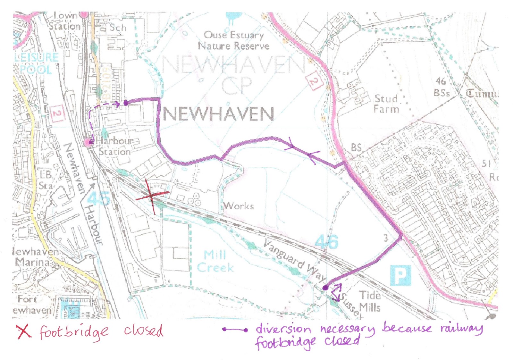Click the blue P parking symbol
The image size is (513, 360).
click(400, 275)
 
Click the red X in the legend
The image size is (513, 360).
click(24, 331)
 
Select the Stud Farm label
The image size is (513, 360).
click(387, 104)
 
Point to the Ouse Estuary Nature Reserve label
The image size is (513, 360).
click(234, 40)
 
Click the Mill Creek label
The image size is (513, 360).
click(215, 261)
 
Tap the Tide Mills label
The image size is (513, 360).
click(370, 301)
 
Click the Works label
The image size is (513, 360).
click(239, 206)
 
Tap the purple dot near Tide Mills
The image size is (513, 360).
click(325, 288)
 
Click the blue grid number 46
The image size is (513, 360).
click(326, 242)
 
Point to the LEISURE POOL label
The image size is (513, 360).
click(36, 63)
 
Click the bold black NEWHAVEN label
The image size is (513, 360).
click(218, 114)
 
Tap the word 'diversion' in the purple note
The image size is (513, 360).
click(283, 329)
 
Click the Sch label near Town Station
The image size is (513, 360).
click(118, 28)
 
